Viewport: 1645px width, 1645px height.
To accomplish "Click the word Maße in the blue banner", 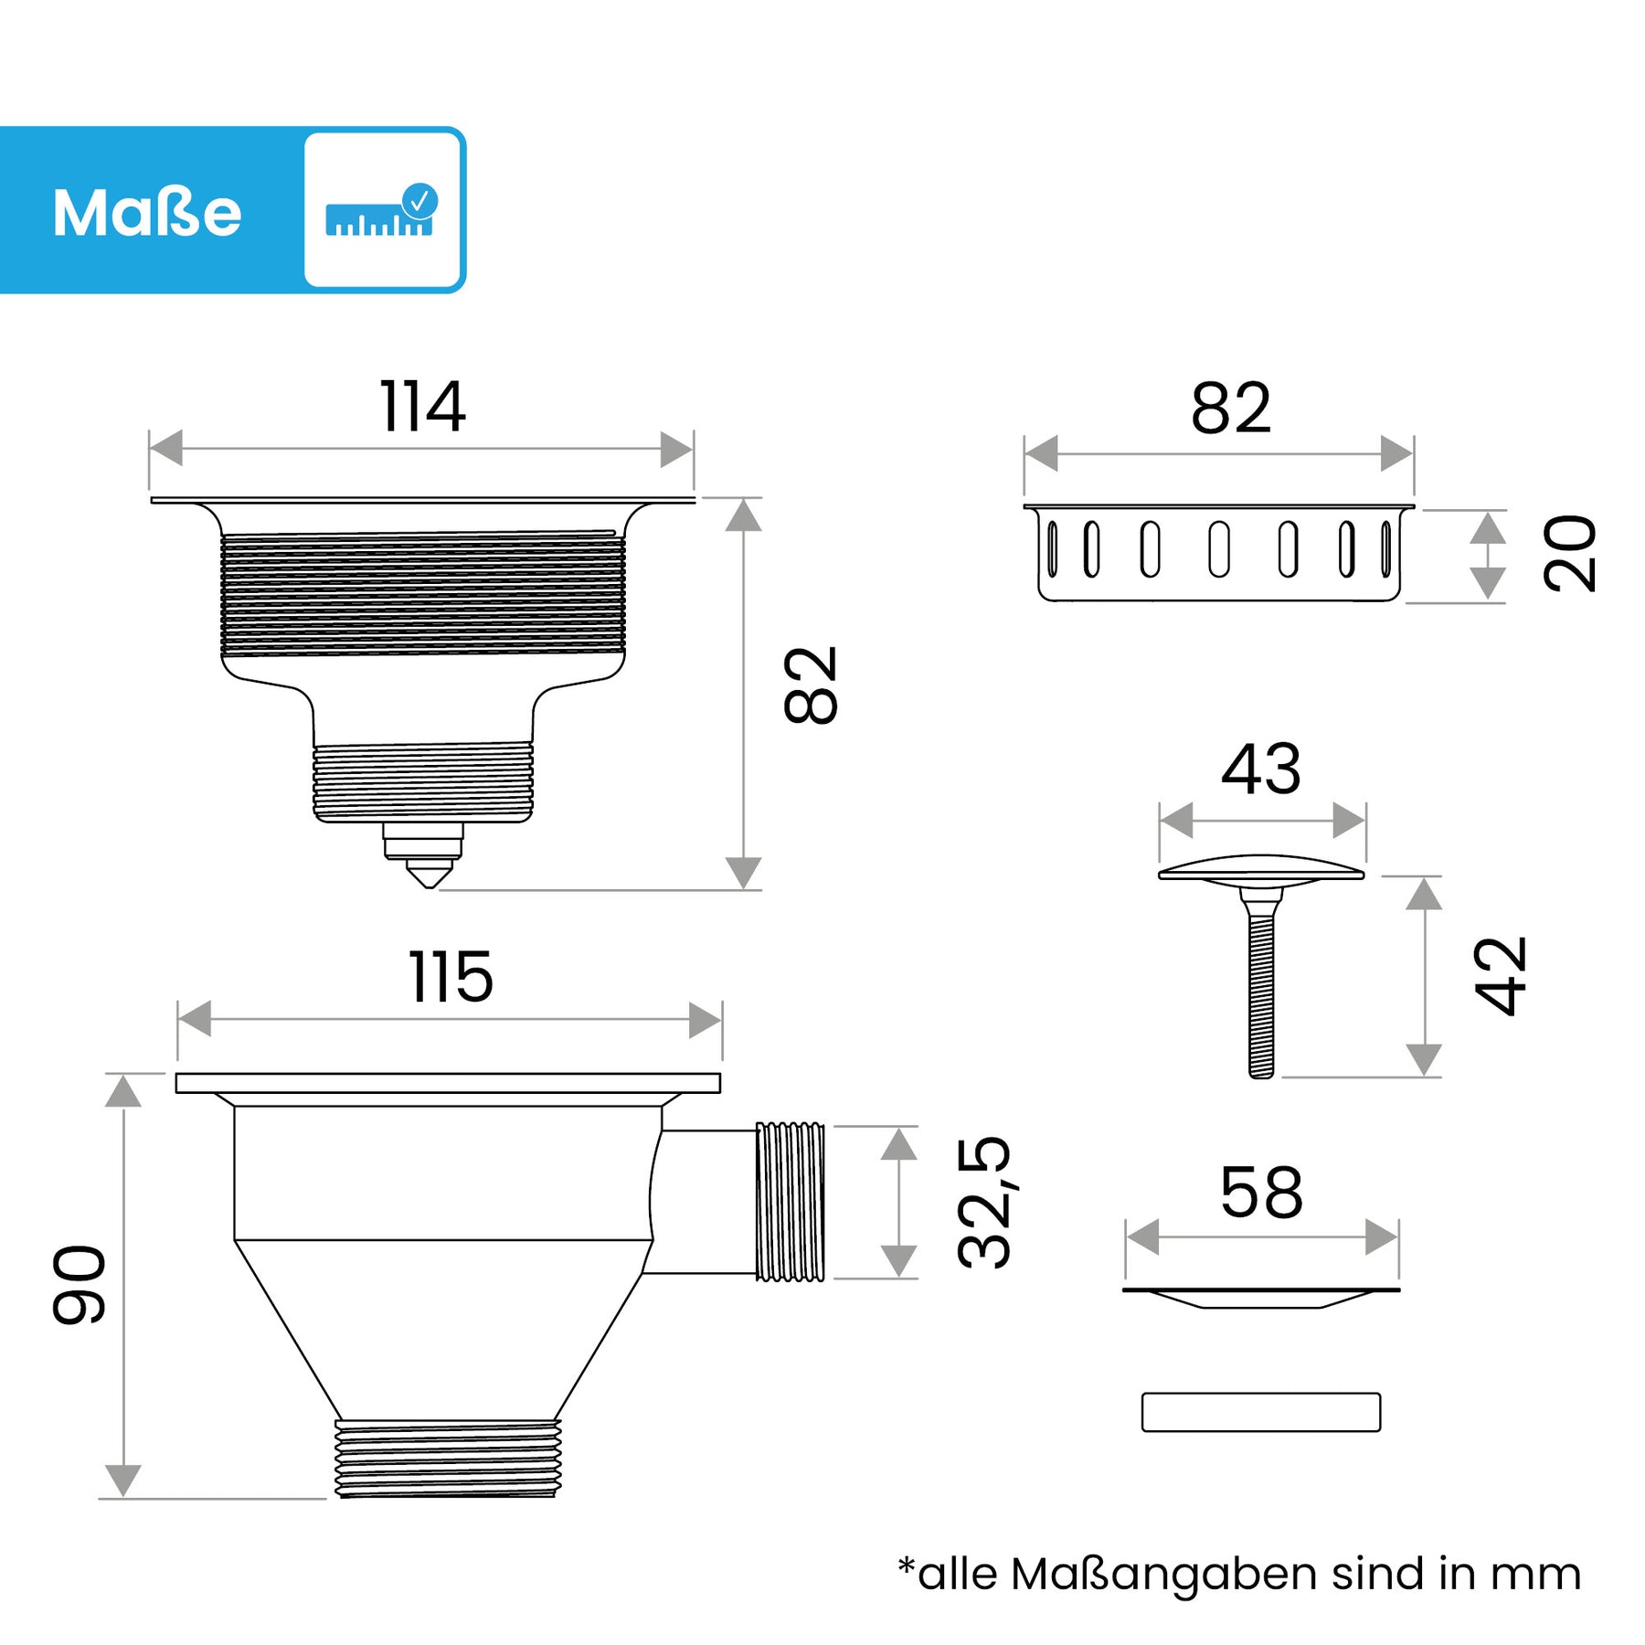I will click(147, 213).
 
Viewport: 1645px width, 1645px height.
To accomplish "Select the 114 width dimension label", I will click(422, 407).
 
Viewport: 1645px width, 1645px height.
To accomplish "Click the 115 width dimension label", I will click(451, 978).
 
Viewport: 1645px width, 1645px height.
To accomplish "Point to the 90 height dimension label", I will click(80, 1284).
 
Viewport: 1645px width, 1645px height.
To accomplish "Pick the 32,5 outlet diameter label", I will click(984, 1202).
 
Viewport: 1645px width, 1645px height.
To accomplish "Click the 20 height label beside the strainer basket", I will click(1569, 553).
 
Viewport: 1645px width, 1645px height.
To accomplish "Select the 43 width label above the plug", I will click(1261, 769).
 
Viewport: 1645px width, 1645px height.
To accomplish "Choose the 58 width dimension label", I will click(1261, 1193).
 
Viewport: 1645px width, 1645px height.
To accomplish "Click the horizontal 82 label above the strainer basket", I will click(1231, 409).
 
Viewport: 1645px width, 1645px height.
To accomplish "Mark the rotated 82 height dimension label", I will click(811, 685).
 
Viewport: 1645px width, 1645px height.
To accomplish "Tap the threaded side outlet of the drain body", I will click(791, 1202).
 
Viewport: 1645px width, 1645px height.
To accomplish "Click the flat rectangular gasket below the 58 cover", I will click(1261, 1412).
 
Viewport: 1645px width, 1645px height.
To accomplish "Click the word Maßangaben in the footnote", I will click(1165, 1575).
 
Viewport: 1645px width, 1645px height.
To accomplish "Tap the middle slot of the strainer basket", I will click(1219, 549).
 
